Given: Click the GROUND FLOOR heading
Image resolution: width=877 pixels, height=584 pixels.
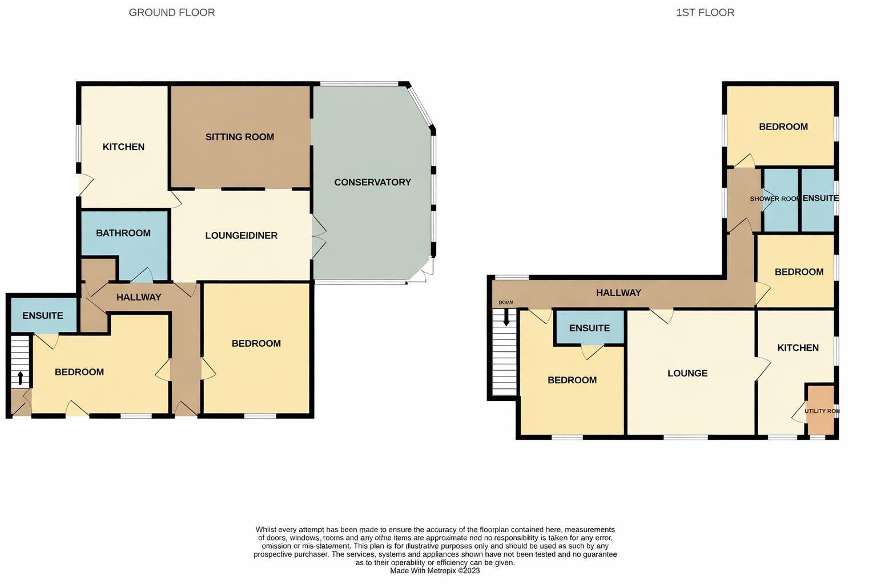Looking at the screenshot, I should click(x=172, y=13).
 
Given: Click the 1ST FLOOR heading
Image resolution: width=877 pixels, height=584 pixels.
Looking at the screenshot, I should click(x=705, y=13).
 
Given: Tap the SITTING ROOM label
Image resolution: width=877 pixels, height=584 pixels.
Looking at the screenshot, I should click(x=240, y=137).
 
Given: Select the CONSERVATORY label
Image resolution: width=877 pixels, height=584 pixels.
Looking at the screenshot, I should click(x=372, y=182).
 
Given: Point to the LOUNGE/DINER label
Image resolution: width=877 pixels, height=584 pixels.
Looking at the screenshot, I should click(x=241, y=236).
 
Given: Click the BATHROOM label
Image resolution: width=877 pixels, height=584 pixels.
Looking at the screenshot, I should click(x=123, y=233).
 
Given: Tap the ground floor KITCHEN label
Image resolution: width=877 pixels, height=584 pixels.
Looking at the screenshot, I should click(x=123, y=147).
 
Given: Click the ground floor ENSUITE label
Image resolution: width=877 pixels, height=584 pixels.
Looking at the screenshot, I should click(x=43, y=316).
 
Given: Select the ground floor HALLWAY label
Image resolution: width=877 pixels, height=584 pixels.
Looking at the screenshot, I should click(x=139, y=297).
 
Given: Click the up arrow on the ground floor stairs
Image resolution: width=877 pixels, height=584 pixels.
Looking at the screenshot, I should click(x=21, y=378).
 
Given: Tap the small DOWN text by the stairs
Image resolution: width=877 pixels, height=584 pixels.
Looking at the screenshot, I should click(x=505, y=303).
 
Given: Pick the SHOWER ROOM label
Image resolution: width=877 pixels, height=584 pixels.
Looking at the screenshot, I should click(x=774, y=199).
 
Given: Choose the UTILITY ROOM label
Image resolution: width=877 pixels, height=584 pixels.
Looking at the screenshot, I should click(x=822, y=411).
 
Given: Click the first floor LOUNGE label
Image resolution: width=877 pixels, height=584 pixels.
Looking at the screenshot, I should click(x=687, y=374).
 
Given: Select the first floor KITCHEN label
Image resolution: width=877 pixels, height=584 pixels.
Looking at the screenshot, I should click(x=798, y=348).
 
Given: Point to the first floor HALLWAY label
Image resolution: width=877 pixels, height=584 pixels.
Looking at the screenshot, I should click(x=618, y=293).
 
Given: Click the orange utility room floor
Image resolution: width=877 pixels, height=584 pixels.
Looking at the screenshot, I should click(x=820, y=425).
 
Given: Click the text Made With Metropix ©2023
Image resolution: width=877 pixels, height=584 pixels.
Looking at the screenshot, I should click(x=435, y=571).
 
